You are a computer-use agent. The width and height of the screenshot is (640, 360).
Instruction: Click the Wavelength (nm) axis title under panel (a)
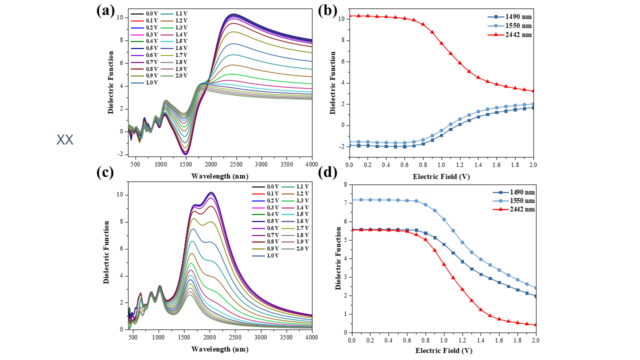pos(219,176)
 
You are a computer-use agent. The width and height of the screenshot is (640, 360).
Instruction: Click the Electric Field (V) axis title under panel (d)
pos(443,350)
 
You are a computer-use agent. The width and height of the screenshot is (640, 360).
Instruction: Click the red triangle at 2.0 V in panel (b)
pos(533,90)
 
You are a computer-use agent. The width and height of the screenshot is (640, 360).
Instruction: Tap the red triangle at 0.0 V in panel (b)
pos(349,16)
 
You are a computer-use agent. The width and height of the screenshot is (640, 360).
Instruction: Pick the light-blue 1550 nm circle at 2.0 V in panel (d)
pos(535,288)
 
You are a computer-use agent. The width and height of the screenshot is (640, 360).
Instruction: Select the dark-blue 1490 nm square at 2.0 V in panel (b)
pos(533,107)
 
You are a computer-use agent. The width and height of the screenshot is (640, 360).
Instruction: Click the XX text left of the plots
pos(65,139)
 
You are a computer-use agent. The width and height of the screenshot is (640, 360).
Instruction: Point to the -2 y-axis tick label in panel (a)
pos(120,154)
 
